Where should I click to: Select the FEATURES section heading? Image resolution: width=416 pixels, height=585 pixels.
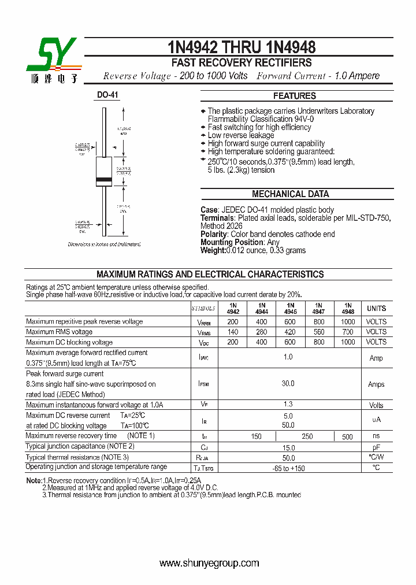(x=294, y=96)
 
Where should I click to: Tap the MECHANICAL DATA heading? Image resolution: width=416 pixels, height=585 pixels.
(x=290, y=194)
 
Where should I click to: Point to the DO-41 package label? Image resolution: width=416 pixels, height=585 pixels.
(x=107, y=95)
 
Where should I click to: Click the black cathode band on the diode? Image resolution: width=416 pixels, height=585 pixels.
(x=104, y=181)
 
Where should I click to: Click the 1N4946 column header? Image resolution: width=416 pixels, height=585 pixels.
(x=290, y=308)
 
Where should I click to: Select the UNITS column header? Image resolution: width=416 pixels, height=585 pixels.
(x=376, y=309)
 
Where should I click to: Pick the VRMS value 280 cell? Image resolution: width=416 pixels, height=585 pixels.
(x=261, y=332)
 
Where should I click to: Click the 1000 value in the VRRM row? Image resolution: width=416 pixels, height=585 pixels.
(x=347, y=321)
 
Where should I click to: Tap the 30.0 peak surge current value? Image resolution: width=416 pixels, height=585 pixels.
(x=288, y=384)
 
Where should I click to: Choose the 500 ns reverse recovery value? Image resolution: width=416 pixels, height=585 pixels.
(x=347, y=437)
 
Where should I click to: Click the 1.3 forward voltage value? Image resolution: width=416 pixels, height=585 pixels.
(x=288, y=405)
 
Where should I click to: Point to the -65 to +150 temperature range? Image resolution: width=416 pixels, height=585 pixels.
(x=288, y=468)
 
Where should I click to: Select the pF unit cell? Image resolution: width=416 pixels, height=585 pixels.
(x=376, y=447)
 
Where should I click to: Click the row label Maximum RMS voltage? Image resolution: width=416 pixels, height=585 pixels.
(x=59, y=332)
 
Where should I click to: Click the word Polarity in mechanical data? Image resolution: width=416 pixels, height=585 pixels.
(x=214, y=234)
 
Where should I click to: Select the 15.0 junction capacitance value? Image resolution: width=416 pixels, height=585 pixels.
(x=288, y=447)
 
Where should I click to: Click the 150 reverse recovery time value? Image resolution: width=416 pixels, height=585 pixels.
(x=257, y=437)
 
